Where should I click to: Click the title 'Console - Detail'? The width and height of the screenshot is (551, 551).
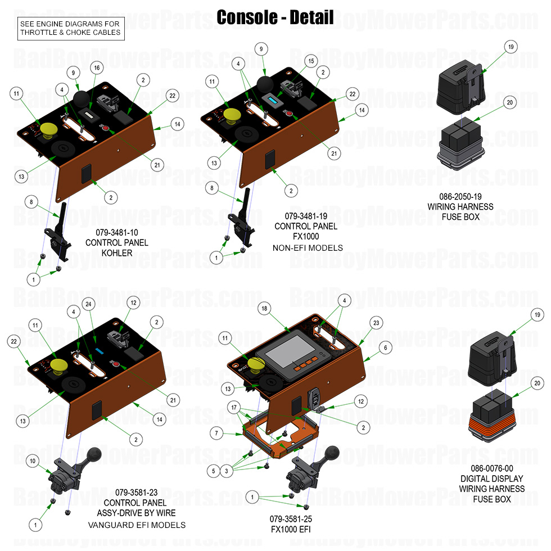[x=275, y=17]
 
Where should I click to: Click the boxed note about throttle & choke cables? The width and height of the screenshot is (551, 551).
[x=70, y=28]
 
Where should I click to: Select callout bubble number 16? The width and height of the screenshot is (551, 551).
[x=96, y=67]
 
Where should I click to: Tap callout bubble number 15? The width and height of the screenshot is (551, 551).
[x=310, y=60]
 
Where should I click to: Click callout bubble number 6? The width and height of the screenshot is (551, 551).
[x=385, y=348]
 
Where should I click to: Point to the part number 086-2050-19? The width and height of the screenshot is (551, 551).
[x=460, y=197]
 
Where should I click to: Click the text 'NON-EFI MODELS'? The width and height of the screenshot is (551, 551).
[x=307, y=247]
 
